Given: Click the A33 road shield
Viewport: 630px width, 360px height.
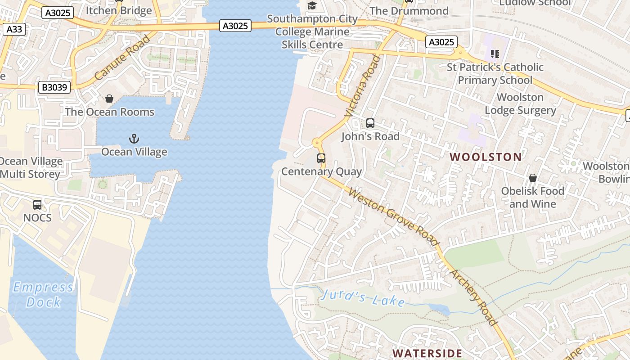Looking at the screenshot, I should (13, 30).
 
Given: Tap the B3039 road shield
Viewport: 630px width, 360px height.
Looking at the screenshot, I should (54, 87).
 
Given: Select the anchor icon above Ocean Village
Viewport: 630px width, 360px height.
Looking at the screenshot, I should (134, 139).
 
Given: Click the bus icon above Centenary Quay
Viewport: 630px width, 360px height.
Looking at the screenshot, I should (321, 158).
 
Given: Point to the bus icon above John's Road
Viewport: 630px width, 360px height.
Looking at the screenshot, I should (370, 123).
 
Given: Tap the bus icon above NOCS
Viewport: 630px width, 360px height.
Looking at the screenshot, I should (37, 205).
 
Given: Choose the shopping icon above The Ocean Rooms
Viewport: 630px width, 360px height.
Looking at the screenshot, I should (109, 99).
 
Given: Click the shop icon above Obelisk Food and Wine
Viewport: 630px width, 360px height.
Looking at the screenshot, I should (533, 178).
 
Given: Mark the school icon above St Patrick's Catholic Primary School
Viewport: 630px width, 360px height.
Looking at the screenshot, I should (495, 54).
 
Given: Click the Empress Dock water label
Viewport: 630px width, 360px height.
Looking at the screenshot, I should (43, 294).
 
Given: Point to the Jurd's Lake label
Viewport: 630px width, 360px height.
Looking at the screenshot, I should (364, 298).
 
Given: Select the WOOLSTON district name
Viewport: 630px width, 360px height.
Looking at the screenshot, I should (486, 157).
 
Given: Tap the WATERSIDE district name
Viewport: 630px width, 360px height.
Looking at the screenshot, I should (427, 353).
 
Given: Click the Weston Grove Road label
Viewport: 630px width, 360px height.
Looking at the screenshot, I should (394, 218).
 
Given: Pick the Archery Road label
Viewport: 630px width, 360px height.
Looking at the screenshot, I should (473, 297).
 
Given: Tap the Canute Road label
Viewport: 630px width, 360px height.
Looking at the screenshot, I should (122, 58).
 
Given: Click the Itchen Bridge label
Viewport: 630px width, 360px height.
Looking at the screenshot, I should (119, 10).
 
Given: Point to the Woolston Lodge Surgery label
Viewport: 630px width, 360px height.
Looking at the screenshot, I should (520, 103).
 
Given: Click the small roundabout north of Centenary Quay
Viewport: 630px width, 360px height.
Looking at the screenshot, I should (318, 144).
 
